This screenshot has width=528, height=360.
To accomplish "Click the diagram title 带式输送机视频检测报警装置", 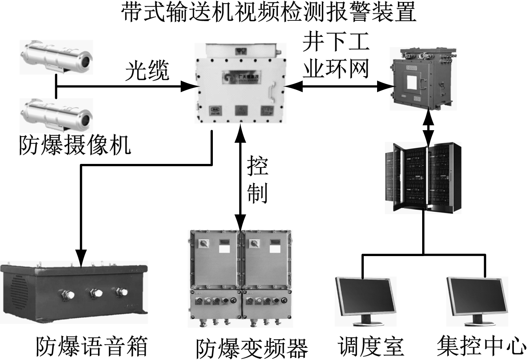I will [269, 13].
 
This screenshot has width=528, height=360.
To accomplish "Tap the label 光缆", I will [147, 71].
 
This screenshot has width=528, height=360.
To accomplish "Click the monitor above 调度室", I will [365, 300].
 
